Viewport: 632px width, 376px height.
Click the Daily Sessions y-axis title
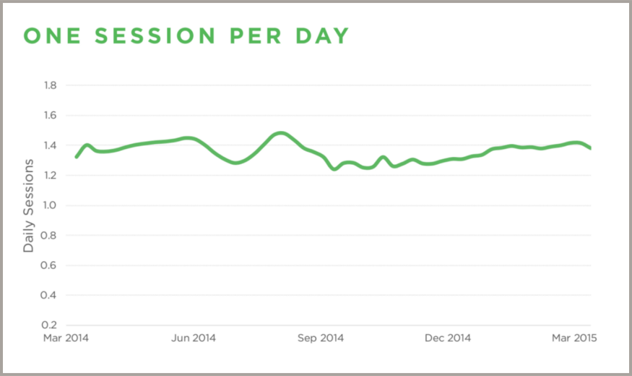[x=29, y=205]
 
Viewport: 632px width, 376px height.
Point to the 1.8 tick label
[x=51, y=86]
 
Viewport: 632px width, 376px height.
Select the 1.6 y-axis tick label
[x=51, y=116]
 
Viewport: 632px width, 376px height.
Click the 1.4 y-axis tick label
[x=51, y=146]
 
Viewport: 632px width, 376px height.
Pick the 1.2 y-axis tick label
[x=51, y=176]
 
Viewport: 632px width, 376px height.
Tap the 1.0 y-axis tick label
[x=51, y=206]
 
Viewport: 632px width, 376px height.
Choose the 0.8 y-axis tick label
[x=51, y=236]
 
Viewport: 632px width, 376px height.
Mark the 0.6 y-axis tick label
[x=51, y=265]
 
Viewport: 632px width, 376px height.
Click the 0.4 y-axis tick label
[x=51, y=296]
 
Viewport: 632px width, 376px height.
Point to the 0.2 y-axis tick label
[x=51, y=325]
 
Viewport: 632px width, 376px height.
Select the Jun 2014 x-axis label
[x=194, y=338]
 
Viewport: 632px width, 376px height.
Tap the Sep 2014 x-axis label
[x=321, y=338]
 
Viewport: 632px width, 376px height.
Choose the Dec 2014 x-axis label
[x=448, y=338]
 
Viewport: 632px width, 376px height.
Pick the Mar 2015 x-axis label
[x=575, y=338]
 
